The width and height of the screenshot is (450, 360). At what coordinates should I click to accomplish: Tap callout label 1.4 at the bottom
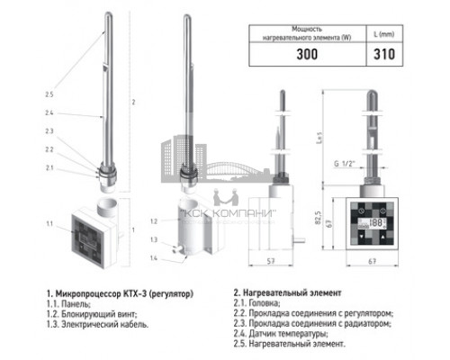pyautogui.click(x=155, y=258)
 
